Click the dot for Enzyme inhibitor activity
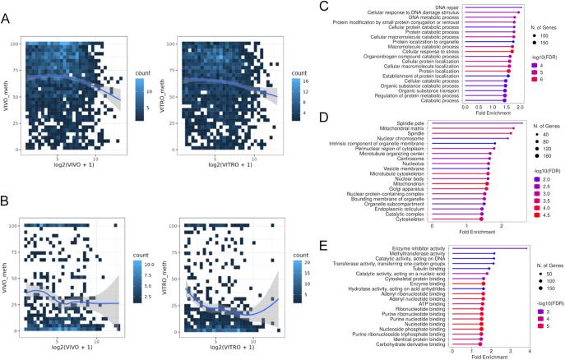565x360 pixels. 526,247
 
